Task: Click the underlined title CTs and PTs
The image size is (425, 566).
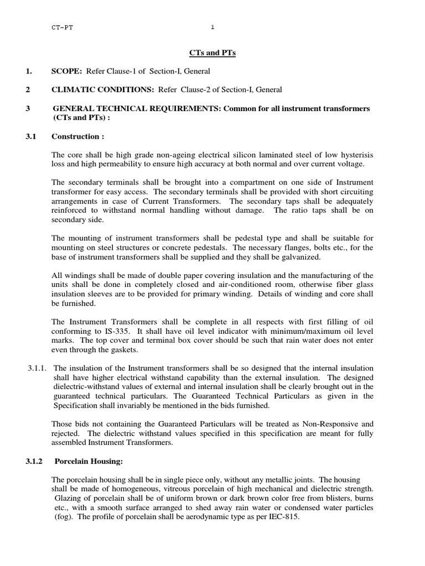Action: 212,53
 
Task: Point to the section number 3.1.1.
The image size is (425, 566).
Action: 38,368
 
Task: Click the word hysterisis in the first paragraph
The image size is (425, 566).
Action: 354,155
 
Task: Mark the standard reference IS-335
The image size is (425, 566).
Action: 114,331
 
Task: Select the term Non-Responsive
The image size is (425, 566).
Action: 324,424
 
